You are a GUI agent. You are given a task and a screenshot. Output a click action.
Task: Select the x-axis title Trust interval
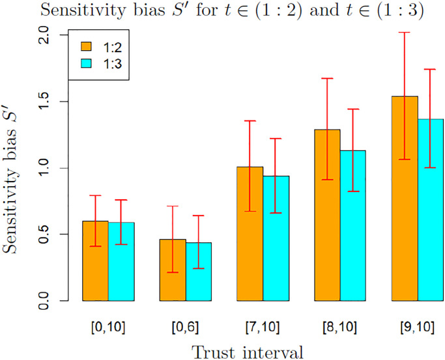click(247, 352)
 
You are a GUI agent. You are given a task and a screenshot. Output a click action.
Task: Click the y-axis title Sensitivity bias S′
click(14, 167)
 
